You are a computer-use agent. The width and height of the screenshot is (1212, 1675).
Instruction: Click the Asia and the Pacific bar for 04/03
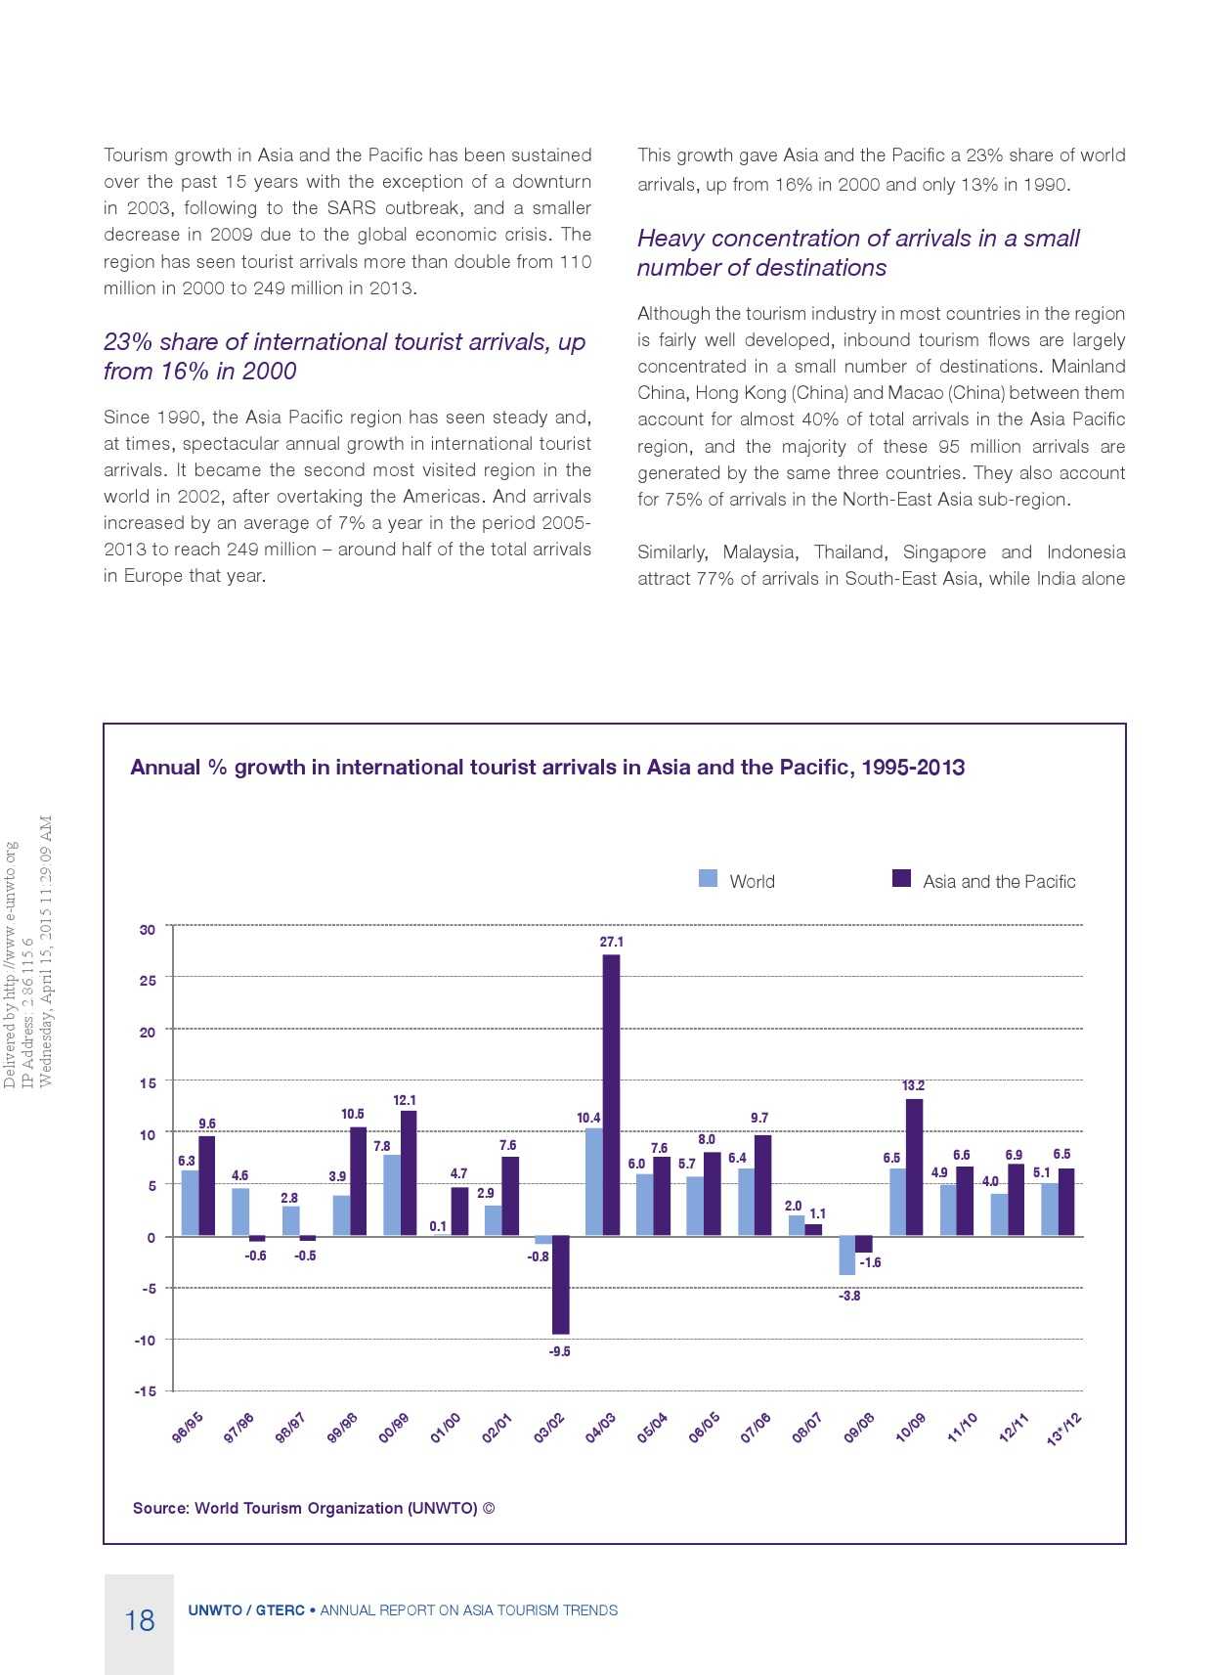coord(611,1095)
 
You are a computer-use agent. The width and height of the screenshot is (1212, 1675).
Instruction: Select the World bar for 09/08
coord(846,1255)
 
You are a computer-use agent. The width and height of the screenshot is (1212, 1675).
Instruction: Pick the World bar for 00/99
coord(391,1195)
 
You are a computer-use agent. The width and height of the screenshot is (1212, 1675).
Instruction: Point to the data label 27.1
coord(611,942)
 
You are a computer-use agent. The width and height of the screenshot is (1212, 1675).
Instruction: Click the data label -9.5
coord(559,1351)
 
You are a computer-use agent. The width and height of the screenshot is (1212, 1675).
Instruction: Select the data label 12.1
coord(405,1100)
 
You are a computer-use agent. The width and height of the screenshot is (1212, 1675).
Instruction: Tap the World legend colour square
coord(708,878)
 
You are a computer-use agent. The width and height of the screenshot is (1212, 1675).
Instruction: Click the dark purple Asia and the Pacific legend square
coord(901,878)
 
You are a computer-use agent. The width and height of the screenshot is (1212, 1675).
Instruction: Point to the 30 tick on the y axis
coord(147,929)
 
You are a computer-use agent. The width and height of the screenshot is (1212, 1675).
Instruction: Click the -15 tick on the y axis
coord(145,1390)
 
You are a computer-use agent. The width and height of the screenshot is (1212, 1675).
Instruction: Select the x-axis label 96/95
coord(187,1428)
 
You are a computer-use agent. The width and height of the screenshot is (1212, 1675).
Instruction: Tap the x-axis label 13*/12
coord(1063,1429)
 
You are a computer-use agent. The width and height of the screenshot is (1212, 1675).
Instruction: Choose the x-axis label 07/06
coord(756,1428)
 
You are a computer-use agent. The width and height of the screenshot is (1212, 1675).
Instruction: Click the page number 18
coord(140,1620)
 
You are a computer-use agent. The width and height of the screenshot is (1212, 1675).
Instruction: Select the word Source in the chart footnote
coord(160,1508)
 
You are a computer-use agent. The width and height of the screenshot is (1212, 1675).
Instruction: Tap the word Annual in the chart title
coord(165,768)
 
